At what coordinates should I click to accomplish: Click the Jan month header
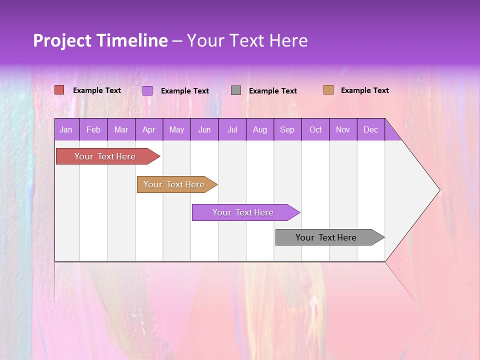66,130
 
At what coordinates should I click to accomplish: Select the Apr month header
148,130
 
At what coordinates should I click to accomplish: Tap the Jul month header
232,130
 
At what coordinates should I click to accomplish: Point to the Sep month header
287,130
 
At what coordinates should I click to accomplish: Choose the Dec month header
370,130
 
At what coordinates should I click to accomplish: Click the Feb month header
93,130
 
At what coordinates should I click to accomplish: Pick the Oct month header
315,130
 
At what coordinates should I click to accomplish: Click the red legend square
59,90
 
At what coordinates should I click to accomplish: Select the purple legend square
147,90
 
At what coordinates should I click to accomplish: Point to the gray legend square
236,90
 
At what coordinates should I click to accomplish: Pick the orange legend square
328,90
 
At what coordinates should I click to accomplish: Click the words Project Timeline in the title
100,40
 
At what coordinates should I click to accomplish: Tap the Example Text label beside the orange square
364,90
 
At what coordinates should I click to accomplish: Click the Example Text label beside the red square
97,90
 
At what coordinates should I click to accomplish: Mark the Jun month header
204,130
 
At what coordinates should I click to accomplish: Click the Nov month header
343,130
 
